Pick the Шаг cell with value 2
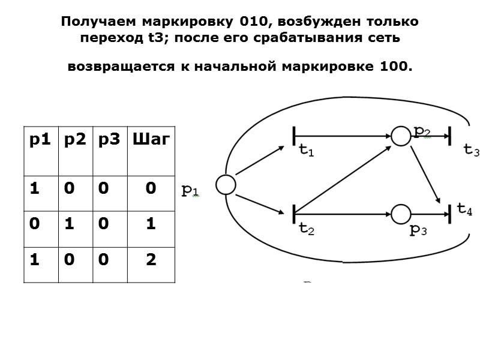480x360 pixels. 150,259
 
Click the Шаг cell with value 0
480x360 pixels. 150,189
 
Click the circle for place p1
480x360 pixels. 226,185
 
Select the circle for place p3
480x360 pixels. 400,213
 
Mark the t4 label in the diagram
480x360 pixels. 464,209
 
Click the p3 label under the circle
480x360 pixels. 418,230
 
